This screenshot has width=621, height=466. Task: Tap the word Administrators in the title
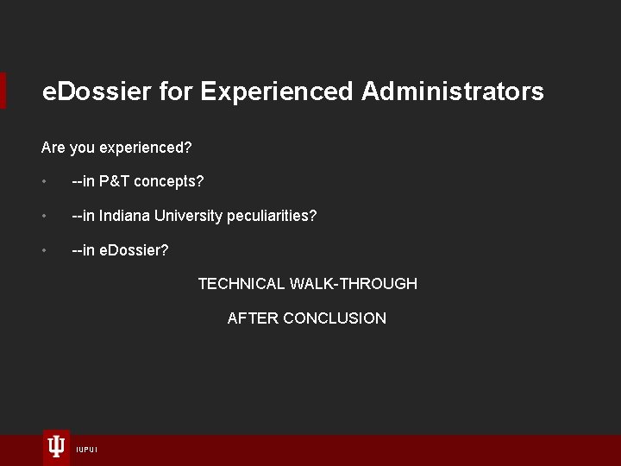coord(453,91)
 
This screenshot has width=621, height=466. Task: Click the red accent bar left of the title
coord(3,91)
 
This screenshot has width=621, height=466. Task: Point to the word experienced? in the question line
coord(146,148)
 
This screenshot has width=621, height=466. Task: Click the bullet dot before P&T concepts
coord(44,182)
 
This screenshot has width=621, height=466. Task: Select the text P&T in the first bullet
coord(114,181)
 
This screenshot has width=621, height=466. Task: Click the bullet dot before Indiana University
coord(44,217)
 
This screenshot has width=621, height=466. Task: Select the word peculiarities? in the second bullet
coord(272,216)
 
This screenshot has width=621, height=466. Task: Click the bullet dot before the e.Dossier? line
coord(44,251)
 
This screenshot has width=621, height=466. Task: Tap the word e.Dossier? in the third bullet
coord(134,250)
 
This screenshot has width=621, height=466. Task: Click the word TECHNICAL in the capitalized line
coord(241,284)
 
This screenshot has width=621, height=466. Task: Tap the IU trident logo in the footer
coord(56,446)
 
